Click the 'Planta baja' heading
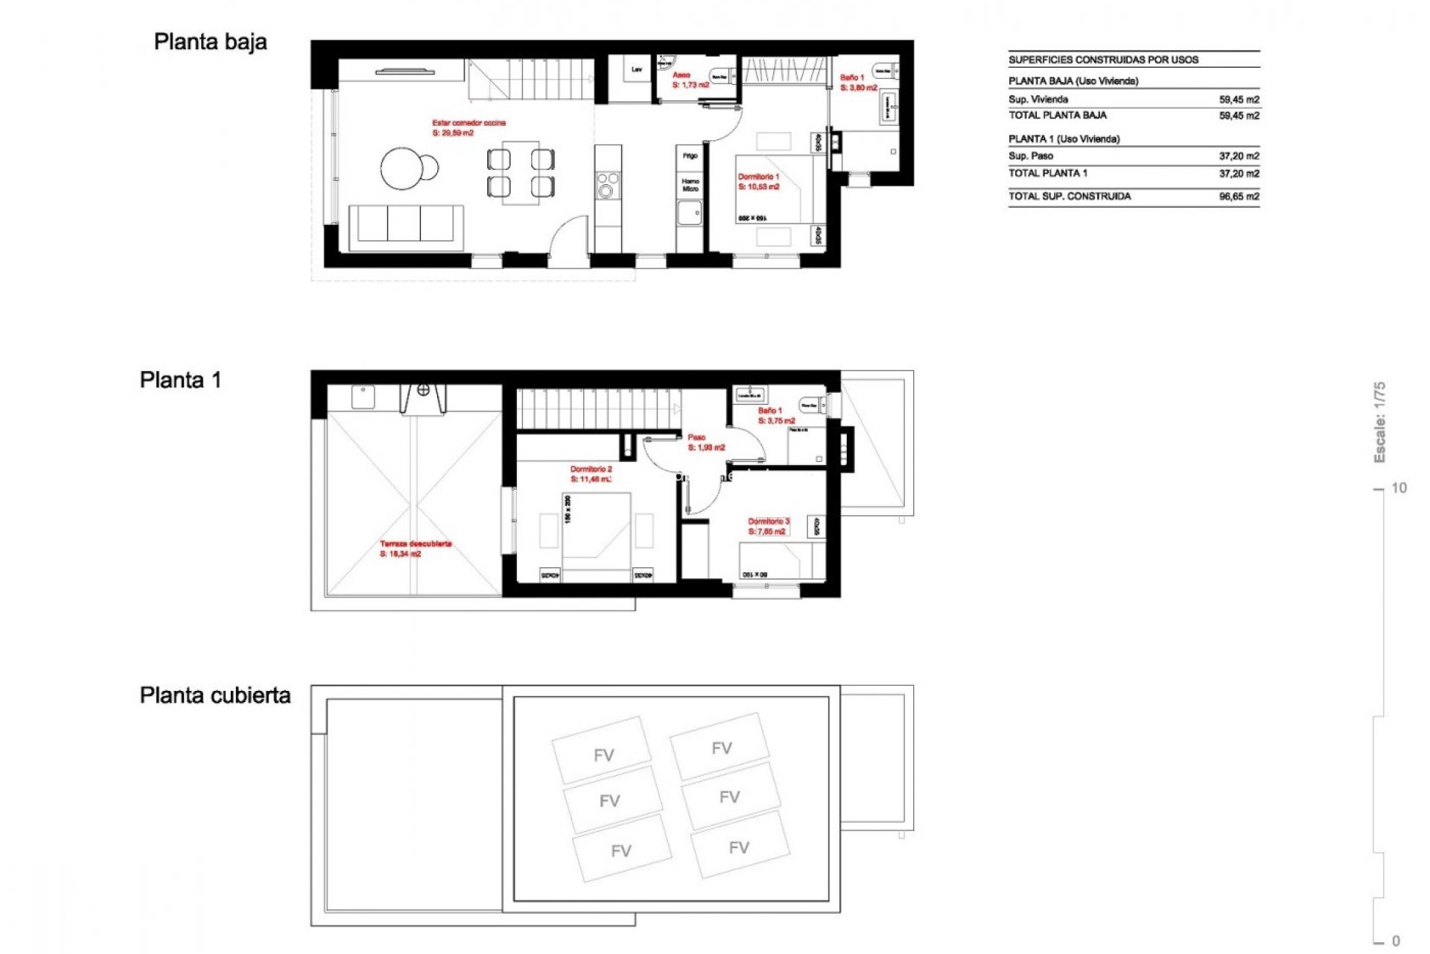coord(210,42)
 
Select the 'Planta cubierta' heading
coord(214,695)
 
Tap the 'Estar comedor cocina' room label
coord(468,123)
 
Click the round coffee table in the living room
coord(404,168)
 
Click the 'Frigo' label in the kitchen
coord(690,156)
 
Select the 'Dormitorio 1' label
coord(758,177)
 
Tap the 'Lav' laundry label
coord(637,70)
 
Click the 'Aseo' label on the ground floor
coord(681,75)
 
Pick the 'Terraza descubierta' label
coord(416,544)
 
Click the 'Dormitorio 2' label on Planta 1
coord(591,470)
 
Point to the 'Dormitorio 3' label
coord(768,522)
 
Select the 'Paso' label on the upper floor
coord(696,437)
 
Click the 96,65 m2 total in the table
coord(1239,197)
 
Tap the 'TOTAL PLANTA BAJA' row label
coord(1057,116)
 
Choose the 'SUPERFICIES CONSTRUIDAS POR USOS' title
coord(1103,60)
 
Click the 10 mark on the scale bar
coord(1399,488)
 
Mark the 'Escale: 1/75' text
coord(1379,422)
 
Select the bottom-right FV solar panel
coord(739,847)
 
